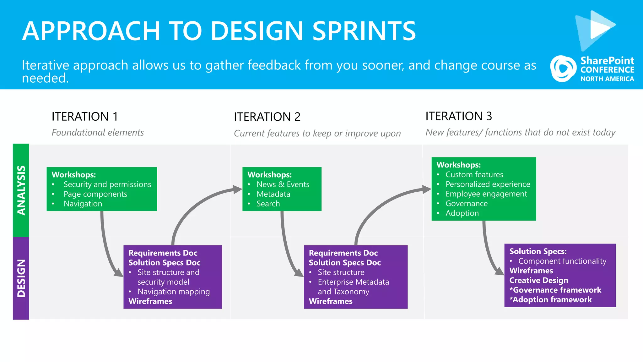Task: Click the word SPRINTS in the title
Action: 364,31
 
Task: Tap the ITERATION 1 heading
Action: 85,117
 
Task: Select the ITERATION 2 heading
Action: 267,117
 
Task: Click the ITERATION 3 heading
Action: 458,116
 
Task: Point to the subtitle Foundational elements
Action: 98,133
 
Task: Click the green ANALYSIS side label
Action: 21,190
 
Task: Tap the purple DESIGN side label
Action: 21,278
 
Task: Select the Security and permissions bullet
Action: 107,184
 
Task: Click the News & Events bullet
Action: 283,184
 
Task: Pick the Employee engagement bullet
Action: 486,194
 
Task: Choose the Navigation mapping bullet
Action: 173,292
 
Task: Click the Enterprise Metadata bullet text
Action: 353,282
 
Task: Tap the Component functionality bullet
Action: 562,261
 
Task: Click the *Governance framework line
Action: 555,290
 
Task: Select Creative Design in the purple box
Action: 538,280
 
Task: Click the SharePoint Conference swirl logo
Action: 563,69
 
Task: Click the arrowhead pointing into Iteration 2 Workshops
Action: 238,189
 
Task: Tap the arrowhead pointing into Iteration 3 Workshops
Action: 427,189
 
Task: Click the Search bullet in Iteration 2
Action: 268,204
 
